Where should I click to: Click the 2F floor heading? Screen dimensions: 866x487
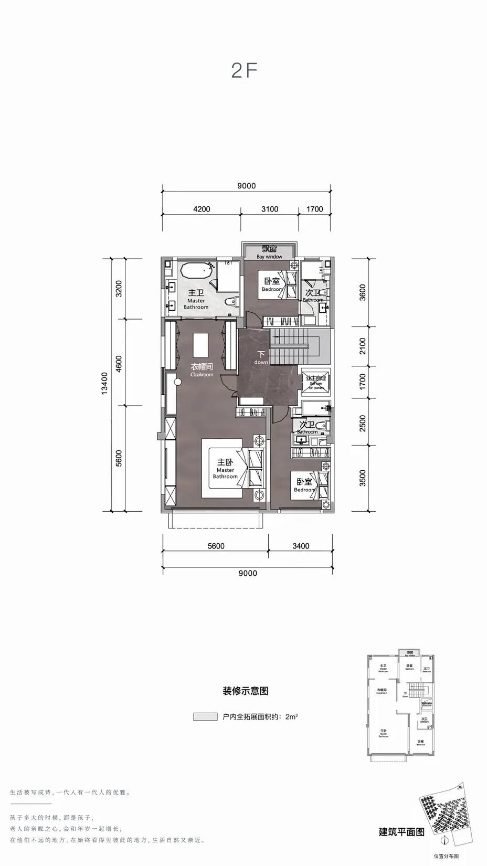click(244, 70)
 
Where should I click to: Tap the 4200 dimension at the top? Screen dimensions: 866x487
click(202, 209)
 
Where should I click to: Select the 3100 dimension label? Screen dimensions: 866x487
click(270, 209)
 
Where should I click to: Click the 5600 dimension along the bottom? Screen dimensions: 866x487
click(216, 546)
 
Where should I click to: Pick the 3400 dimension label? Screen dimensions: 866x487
click(301, 546)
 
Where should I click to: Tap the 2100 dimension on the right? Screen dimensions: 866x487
click(363, 346)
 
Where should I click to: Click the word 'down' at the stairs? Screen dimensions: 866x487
click(261, 362)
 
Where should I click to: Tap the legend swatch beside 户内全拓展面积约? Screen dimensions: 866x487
click(205, 716)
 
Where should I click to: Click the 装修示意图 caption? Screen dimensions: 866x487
click(246, 691)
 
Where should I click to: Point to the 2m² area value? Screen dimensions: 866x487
click(292, 716)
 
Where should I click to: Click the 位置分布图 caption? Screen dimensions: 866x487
click(446, 856)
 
